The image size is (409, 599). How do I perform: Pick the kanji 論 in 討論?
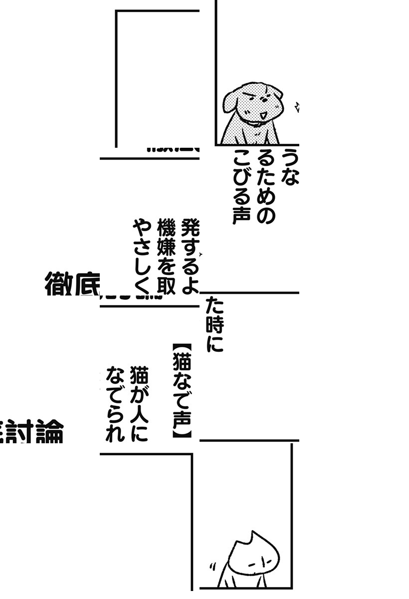48,433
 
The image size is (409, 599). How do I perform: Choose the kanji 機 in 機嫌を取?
165,229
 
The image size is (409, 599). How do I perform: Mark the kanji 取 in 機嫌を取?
165,285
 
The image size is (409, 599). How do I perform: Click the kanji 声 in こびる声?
241,215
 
